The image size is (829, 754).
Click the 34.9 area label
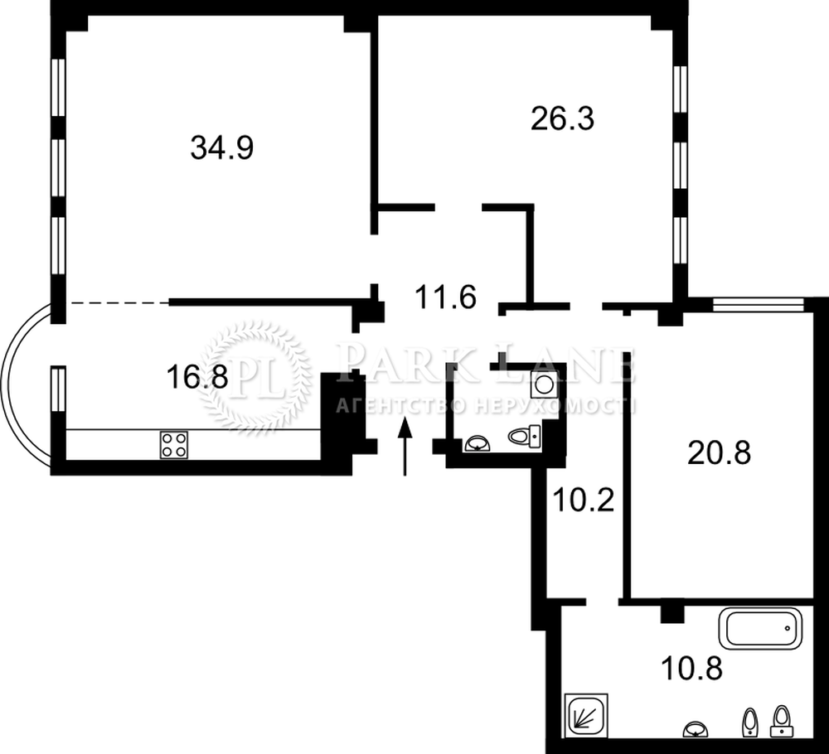point(222,148)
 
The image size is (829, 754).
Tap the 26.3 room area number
point(563,118)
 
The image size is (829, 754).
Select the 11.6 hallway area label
point(446,297)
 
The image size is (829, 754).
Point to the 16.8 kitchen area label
point(197,377)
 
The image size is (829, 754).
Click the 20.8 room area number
point(719,453)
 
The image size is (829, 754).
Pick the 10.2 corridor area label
point(583,500)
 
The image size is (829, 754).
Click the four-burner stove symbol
point(174,445)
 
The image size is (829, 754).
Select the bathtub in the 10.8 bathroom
point(759,628)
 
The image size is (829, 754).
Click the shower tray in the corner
point(586,715)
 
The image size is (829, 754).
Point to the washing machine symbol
point(544,384)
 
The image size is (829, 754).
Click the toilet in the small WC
point(525,436)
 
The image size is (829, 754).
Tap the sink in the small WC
point(478,444)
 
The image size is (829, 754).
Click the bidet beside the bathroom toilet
point(750,723)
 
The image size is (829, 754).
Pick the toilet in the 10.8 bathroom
point(782,721)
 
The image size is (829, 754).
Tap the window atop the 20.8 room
point(759,305)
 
